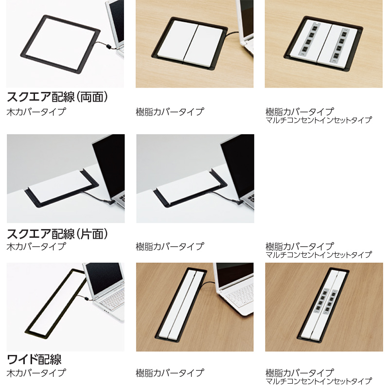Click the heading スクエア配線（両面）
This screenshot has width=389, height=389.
pos(57,97)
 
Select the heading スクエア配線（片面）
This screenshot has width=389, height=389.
pos(57,234)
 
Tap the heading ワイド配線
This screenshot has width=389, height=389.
pos(34,359)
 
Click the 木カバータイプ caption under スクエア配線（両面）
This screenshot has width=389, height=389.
pos(36,112)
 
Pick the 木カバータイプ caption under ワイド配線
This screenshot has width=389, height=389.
pos(36,372)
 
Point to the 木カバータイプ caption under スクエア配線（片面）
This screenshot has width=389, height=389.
pos(36,247)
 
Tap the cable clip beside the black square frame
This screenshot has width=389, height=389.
pos(108,46)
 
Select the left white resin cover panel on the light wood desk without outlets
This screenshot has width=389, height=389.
pos(177,43)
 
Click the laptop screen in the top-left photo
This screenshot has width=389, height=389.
pos(116,20)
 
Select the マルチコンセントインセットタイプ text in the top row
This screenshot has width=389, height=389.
pos(318,120)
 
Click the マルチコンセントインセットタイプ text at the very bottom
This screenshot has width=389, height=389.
pos(318,381)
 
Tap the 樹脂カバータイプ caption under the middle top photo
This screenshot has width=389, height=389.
pos(170,112)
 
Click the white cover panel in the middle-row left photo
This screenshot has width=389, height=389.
pos(61,186)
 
